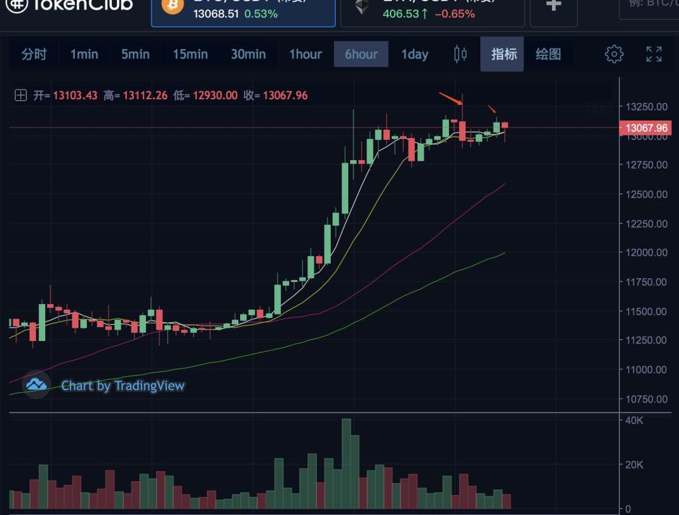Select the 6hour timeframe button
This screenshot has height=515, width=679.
coord(361,55)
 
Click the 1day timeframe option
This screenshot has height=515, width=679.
coord(414,55)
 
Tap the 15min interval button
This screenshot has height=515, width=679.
coord(190,55)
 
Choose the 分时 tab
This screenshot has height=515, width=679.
coord(34,55)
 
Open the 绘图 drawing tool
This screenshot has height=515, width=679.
coord(548,55)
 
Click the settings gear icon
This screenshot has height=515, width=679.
coord(614,55)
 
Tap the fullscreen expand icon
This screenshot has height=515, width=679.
coord(654,55)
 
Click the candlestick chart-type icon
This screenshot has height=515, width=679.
coord(460,55)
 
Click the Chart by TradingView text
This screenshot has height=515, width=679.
coord(123,386)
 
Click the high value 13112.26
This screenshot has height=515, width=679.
coord(145,95)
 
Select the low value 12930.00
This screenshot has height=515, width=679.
coord(214,95)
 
